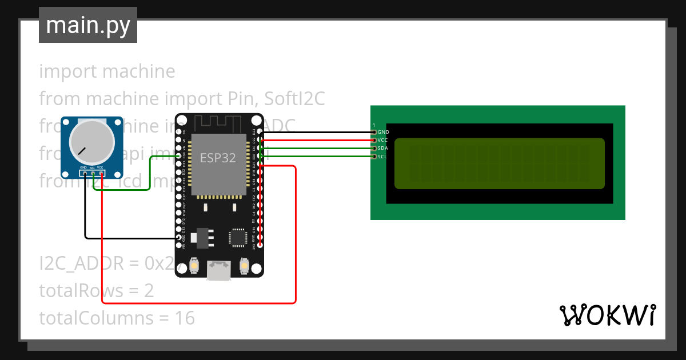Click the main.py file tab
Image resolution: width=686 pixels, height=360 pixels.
tap(87, 25)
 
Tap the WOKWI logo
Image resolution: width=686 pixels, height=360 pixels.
tap(607, 315)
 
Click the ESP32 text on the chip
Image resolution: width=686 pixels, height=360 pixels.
tap(217, 158)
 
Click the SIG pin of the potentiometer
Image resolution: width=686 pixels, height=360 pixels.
tap(92, 173)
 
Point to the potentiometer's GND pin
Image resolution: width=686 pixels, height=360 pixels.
tap(85, 173)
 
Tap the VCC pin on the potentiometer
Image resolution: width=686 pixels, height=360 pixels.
tap(101, 173)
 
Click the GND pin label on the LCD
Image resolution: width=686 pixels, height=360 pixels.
tap(384, 132)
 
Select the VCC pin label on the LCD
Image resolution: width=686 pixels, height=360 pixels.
tap(383, 140)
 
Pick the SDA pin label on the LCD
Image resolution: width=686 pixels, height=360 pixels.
tap(383, 148)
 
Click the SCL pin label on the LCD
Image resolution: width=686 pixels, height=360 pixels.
tap(383, 156)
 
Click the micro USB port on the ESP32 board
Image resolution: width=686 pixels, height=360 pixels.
tap(219, 270)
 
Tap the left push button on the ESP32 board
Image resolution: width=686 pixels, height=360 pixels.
tap(194, 266)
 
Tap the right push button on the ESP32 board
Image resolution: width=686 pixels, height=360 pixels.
tap(244, 266)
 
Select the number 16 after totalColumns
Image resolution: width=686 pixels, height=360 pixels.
tap(185, 318)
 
